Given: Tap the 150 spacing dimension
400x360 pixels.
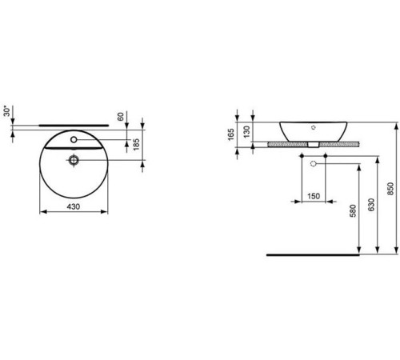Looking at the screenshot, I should point(313,196).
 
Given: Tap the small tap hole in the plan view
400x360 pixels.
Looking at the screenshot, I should point(74,140).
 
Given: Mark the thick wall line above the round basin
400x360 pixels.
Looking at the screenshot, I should point(74,125).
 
